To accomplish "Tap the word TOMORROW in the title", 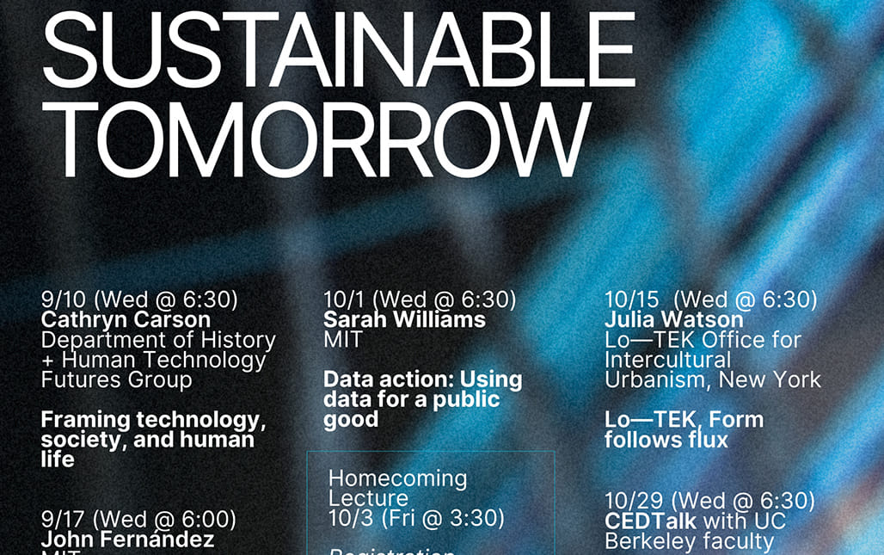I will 315,138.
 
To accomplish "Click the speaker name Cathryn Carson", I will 126,320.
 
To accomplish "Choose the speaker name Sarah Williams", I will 404,320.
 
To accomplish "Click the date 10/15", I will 632,300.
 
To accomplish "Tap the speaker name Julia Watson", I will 673,320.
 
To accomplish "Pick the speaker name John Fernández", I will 127,540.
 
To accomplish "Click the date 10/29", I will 632,501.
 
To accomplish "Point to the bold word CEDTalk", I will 649,521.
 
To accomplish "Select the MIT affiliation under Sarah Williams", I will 343,340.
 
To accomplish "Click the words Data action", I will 388,379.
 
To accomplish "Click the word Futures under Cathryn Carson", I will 78,379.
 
